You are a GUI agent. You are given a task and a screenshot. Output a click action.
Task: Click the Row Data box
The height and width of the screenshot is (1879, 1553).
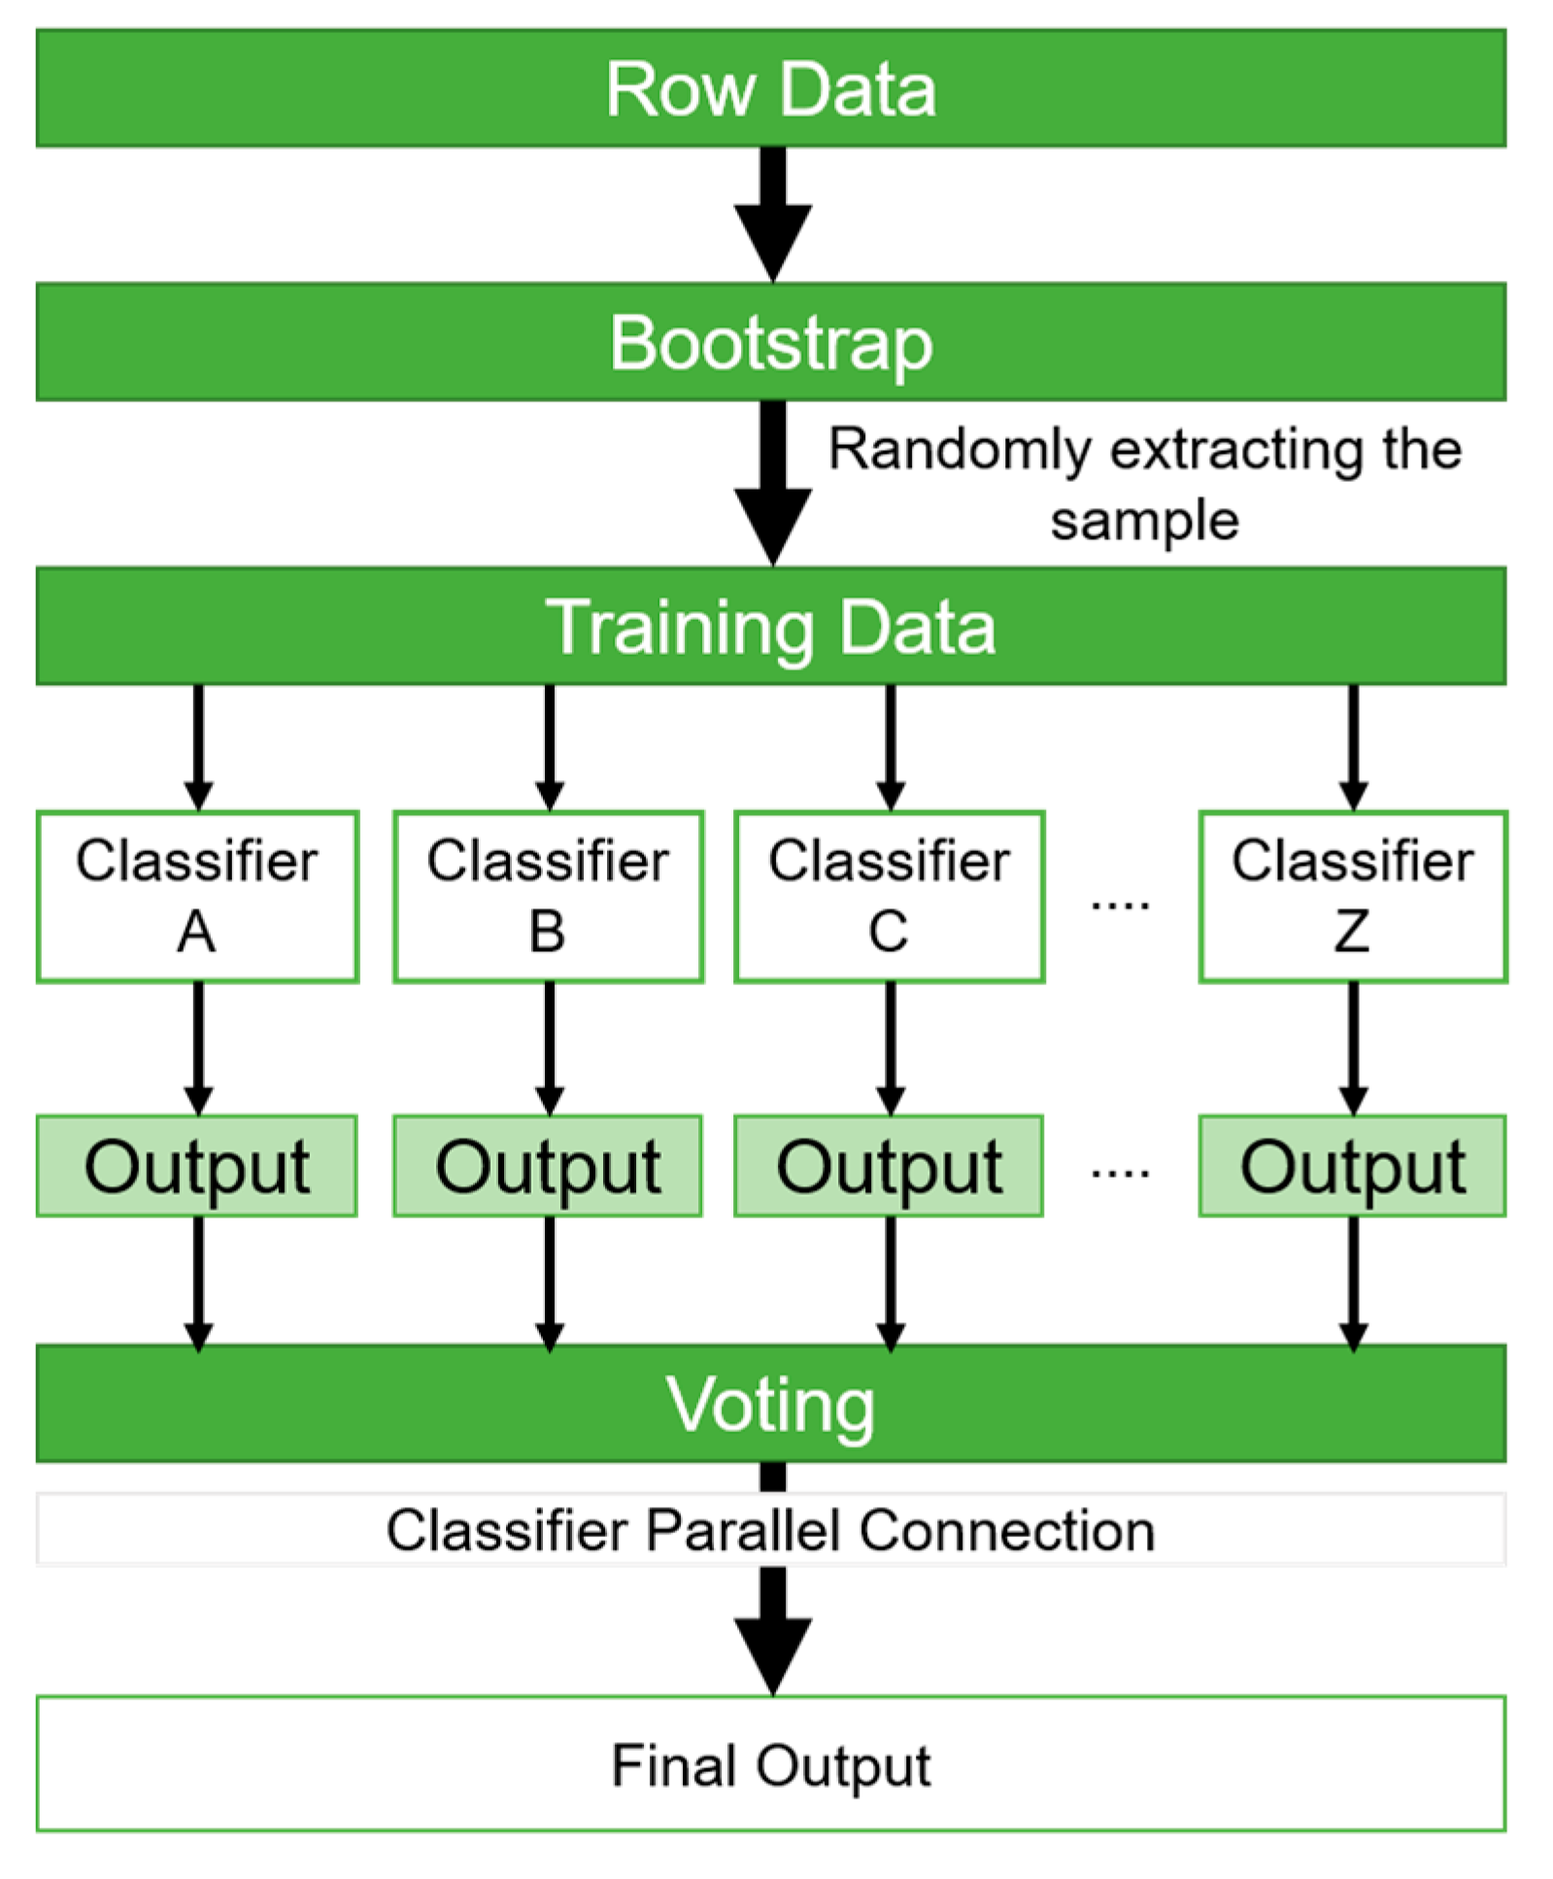[x=770, y=88]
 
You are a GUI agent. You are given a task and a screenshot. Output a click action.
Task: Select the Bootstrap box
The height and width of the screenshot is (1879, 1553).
[x=770, y=342]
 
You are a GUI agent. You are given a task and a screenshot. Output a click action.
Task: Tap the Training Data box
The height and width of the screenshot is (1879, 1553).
[x=770, y=627]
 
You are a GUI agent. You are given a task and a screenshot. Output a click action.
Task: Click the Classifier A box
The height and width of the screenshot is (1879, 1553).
[x=197, y=897]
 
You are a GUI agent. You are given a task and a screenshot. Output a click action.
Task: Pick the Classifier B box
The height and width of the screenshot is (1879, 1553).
[x=548, y=897]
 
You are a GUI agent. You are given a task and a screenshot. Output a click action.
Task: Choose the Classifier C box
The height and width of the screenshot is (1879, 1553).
[x=889, y=897]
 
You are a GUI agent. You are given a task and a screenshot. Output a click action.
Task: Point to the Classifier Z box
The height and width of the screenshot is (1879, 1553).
[x=1352, y=897]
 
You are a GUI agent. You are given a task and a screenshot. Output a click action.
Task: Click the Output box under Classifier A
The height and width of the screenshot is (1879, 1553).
[x=197, y=1166]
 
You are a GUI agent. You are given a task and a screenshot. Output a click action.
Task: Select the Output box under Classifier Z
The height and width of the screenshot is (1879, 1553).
[x=1352, y=1166]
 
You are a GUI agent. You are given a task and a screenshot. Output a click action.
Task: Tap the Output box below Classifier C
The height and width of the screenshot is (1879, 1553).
[x=889, y=1166]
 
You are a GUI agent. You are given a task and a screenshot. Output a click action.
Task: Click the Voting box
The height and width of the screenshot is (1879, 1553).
[x=770, y=1404]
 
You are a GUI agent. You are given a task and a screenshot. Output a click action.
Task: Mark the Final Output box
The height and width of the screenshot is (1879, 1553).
[x=770, y=1763]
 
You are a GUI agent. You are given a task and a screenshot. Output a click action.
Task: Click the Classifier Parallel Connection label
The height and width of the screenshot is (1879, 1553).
[x=770, y=1530]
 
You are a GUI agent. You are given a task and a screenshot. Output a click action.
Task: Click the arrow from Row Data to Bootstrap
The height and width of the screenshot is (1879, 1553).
[x=773, y=214]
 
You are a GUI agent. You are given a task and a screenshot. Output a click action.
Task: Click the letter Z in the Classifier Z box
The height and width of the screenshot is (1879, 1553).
[x=1351, y=932]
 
